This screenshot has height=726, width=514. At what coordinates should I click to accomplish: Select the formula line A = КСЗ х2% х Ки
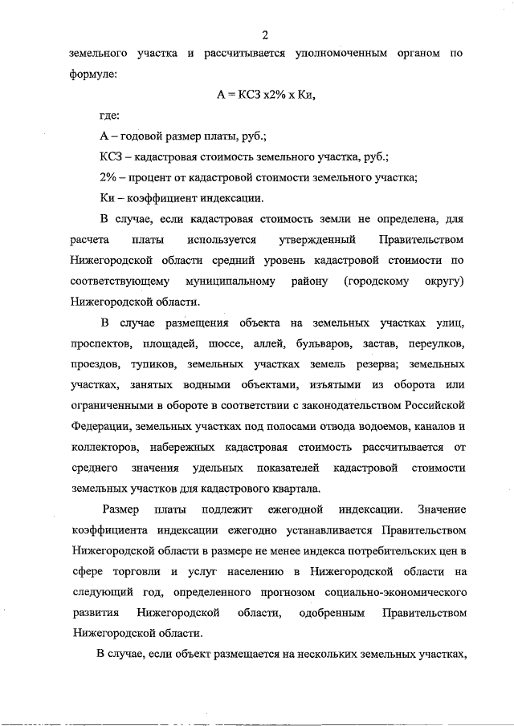pos(263,94)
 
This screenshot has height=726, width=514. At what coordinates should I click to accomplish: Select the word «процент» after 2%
pos(165,177)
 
